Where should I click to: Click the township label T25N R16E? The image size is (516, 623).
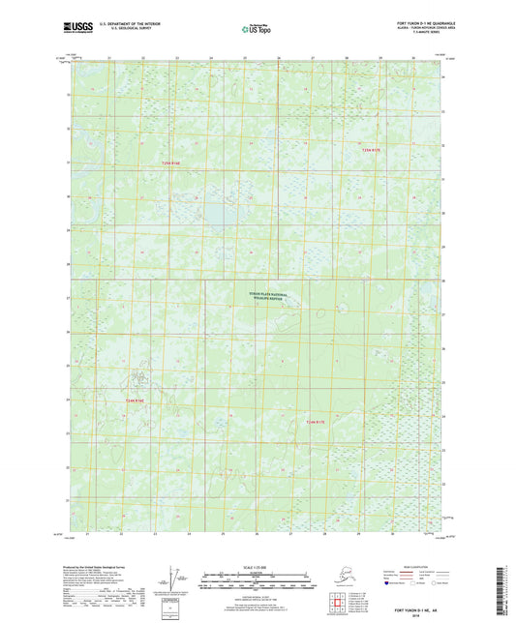(171, 164)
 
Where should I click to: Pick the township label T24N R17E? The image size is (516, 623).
(305, 422)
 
